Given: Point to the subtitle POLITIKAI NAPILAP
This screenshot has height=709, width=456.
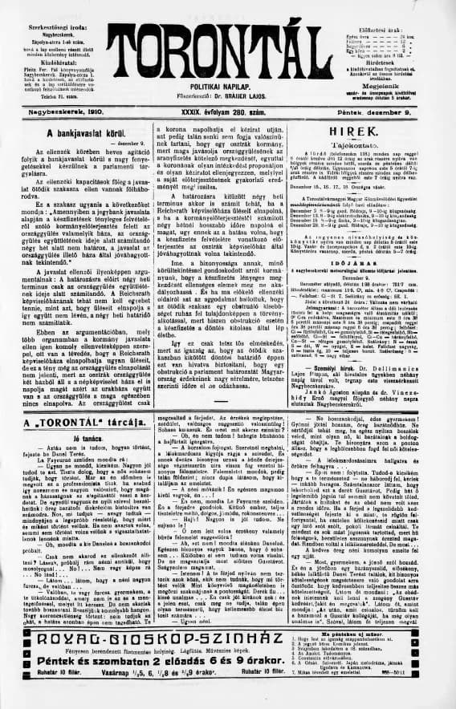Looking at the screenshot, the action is (224, 86).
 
